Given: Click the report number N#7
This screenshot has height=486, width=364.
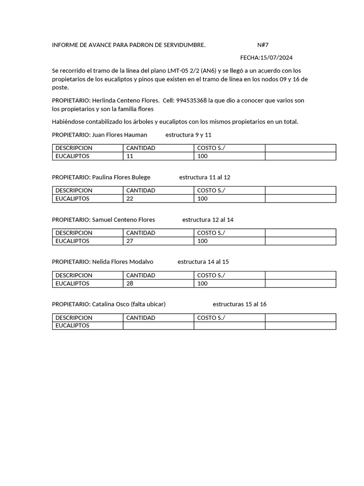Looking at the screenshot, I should click(x=263, y=45).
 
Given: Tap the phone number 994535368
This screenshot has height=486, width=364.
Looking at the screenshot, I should click(x=191, y=101).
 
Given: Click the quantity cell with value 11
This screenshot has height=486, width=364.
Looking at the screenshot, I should click(x=158, y=156).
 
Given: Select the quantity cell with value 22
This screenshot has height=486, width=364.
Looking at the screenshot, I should click(x=158, y=199).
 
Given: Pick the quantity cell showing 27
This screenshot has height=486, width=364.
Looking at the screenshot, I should click(x=158, y=241).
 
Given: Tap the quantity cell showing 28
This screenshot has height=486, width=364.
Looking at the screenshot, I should click(x=158, y=283).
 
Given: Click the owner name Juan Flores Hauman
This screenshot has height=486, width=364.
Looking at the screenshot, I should click(x=119, y=135).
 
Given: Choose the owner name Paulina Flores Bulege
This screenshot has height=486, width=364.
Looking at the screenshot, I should click(x=121, y=178).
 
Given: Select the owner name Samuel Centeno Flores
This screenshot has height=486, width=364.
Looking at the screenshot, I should click(x=123, y=220).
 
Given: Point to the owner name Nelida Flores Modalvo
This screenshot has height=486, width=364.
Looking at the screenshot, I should click(x=122, y=262).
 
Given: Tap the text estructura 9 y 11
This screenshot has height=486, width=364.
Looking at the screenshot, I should click(x=188, y=135).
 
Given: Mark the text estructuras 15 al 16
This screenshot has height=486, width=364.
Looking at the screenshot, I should click(x=239, y=304).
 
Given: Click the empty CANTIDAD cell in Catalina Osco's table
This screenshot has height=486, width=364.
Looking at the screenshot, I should click(x=158, y=326).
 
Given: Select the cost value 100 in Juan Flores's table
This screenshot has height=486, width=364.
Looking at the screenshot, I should click(x=202, y=156).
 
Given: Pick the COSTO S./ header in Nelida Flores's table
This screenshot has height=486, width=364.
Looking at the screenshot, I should click(x=211, y=275).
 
